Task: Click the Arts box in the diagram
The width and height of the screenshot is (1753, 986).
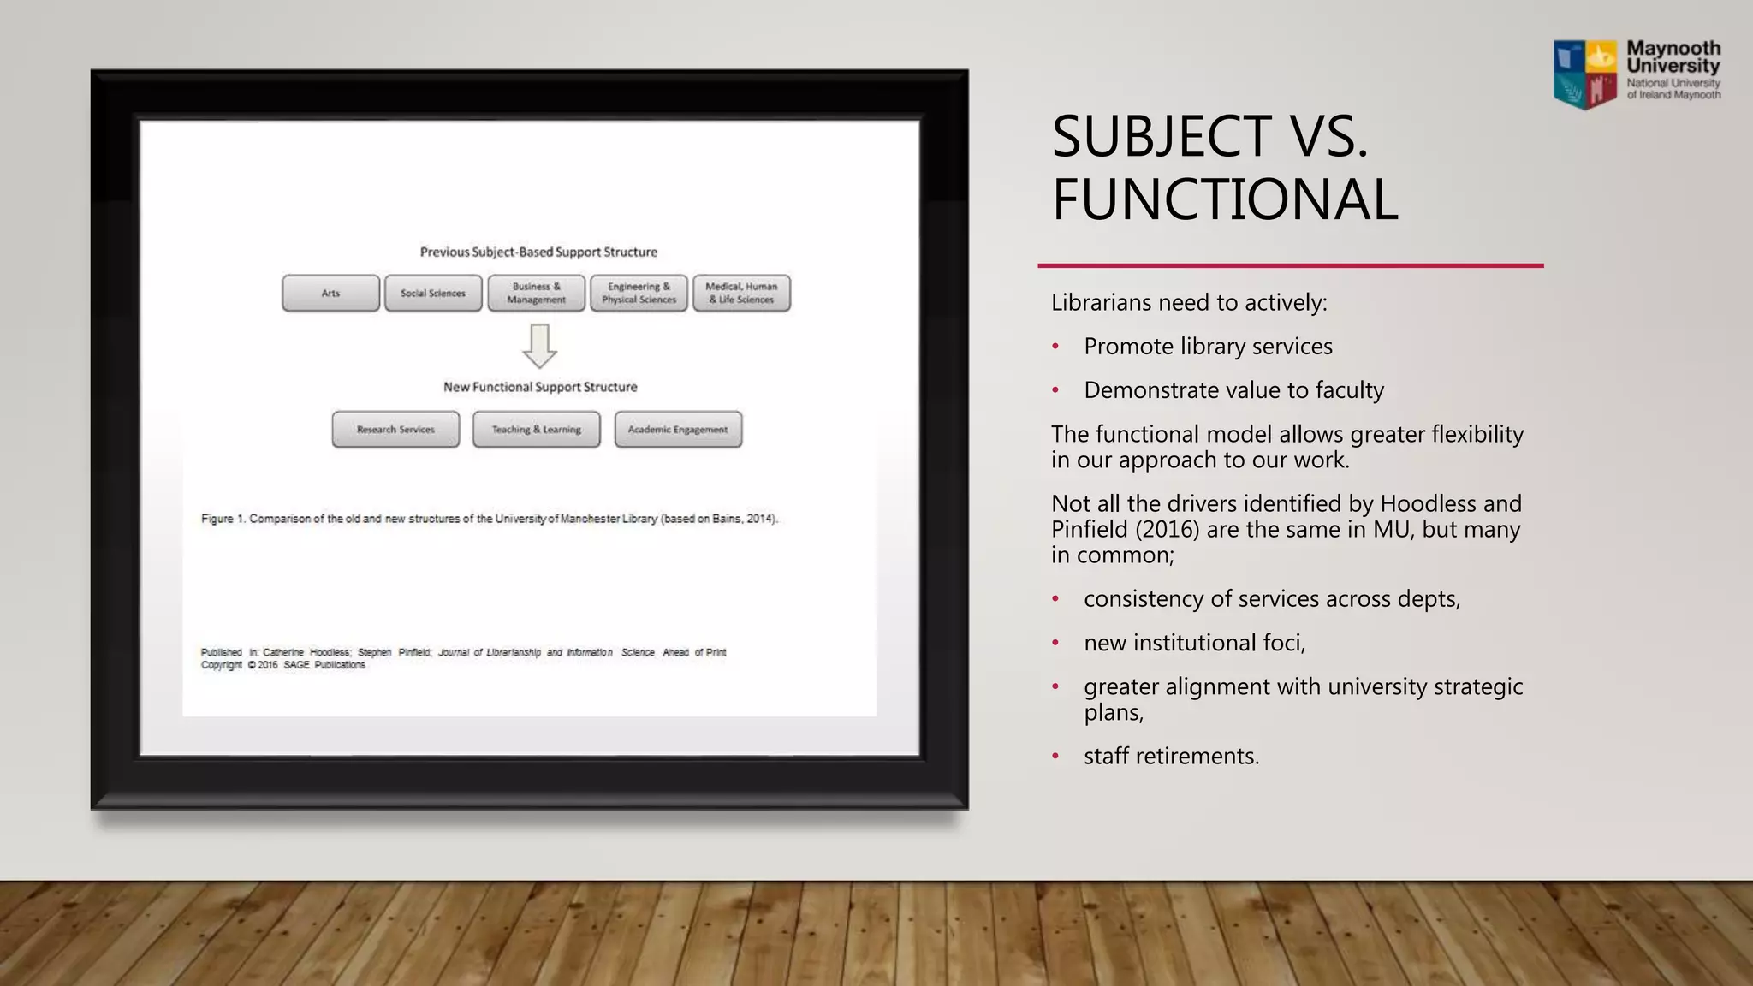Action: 330,293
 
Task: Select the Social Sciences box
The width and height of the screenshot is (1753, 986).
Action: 433,293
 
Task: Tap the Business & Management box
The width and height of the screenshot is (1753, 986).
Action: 536,293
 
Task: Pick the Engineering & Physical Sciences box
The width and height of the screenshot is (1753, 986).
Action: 639,293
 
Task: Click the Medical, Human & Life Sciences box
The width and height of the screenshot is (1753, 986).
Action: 741,293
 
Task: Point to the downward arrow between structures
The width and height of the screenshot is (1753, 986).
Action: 539,346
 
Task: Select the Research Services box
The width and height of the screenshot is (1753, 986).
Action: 395,430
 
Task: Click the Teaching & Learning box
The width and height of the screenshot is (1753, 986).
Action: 536,430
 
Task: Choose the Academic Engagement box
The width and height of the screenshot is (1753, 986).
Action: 678,430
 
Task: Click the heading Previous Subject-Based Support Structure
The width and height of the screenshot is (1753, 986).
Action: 538,252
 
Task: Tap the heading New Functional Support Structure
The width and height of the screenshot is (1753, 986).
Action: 540,387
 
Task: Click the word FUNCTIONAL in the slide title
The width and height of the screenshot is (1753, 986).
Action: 1225,200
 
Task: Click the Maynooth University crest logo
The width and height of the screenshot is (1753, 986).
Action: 1585,74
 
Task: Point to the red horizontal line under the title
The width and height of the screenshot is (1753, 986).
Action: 1290,266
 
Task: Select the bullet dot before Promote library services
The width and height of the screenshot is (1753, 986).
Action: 1055,347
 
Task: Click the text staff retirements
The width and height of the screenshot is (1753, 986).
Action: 1171,757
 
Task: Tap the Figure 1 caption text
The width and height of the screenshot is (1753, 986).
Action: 490,519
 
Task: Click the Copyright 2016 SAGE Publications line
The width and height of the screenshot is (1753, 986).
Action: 283,665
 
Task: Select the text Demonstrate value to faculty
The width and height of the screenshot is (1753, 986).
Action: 1233,390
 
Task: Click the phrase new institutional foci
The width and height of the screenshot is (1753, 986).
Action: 1194,643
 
